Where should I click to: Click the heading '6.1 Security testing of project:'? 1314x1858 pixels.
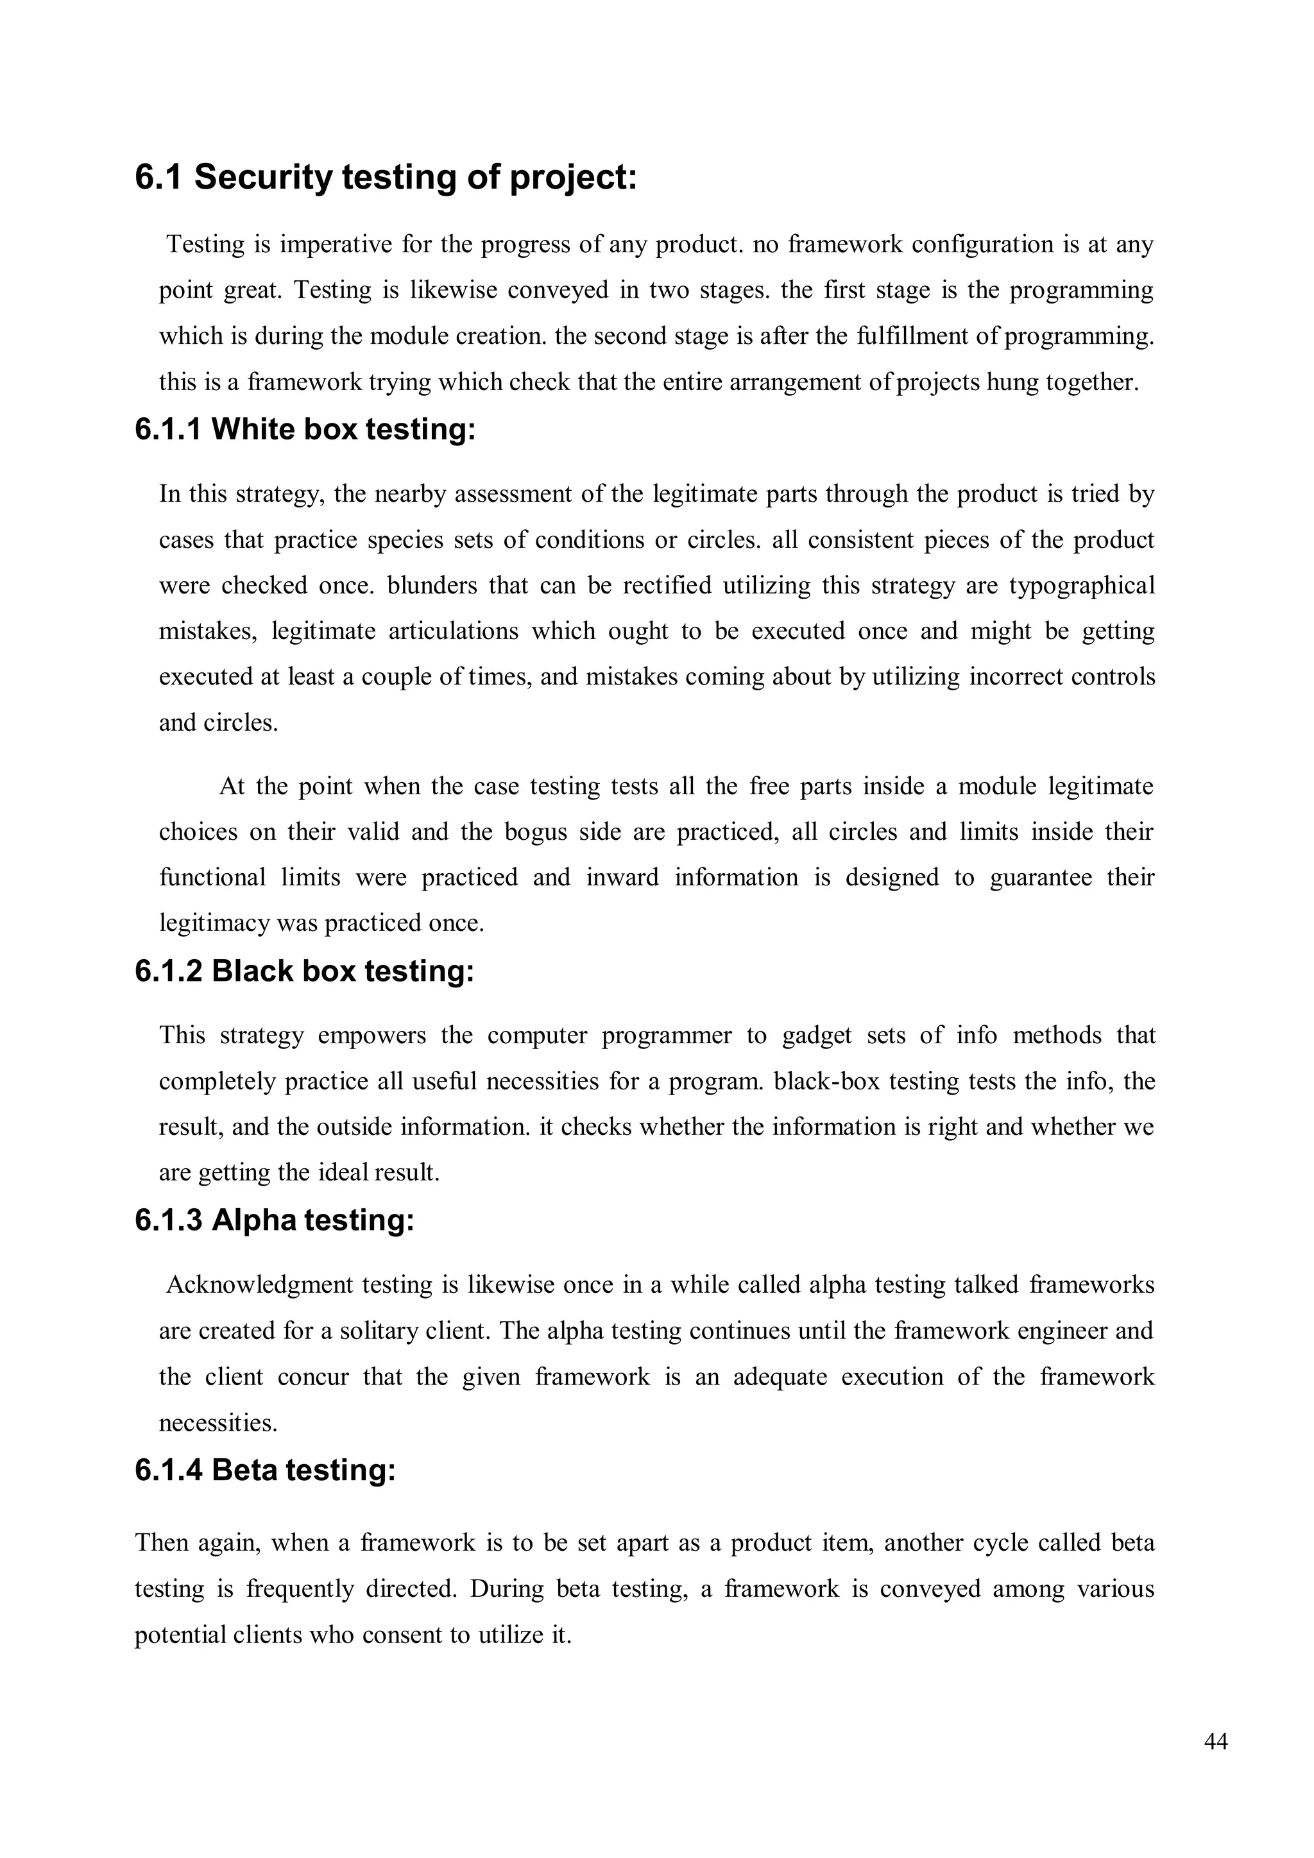tap(386, 177)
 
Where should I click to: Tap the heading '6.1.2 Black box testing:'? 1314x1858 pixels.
tap(304, 970)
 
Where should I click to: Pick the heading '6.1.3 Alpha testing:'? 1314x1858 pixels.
tap(275, 1220)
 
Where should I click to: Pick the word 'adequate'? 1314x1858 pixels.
tap(779, 1377)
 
